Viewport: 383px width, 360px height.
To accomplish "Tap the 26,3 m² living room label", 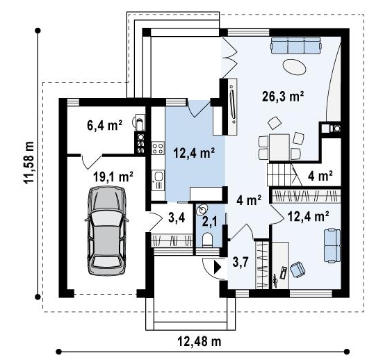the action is tap(283, 97).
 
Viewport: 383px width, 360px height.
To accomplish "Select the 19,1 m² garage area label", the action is tap(113, 177).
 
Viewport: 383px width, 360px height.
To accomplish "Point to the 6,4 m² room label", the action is tap(104, 126).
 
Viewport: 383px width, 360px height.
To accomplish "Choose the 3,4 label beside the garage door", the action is tap(177, 218).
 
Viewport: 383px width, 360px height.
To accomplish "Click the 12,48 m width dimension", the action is tap(199, 341).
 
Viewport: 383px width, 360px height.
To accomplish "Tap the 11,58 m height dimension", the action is tap(28, 163).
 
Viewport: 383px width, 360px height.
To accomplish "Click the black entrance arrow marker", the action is tap(218, 267).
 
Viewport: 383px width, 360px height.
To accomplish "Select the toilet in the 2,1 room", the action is tap(208, 239).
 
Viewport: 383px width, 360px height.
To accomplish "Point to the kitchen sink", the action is tap(158, 180).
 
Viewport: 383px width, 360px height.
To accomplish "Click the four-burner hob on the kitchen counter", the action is tap(158, 148).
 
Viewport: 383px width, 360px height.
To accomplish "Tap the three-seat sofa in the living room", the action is tap(295, 45).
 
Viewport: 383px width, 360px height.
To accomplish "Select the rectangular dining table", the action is tap(279, 147).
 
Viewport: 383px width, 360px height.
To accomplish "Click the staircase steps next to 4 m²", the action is tap(279, 174).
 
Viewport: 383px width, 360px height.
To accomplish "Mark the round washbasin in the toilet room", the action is tap(203, 209).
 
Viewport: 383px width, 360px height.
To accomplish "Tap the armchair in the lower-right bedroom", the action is tap(298, 269).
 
